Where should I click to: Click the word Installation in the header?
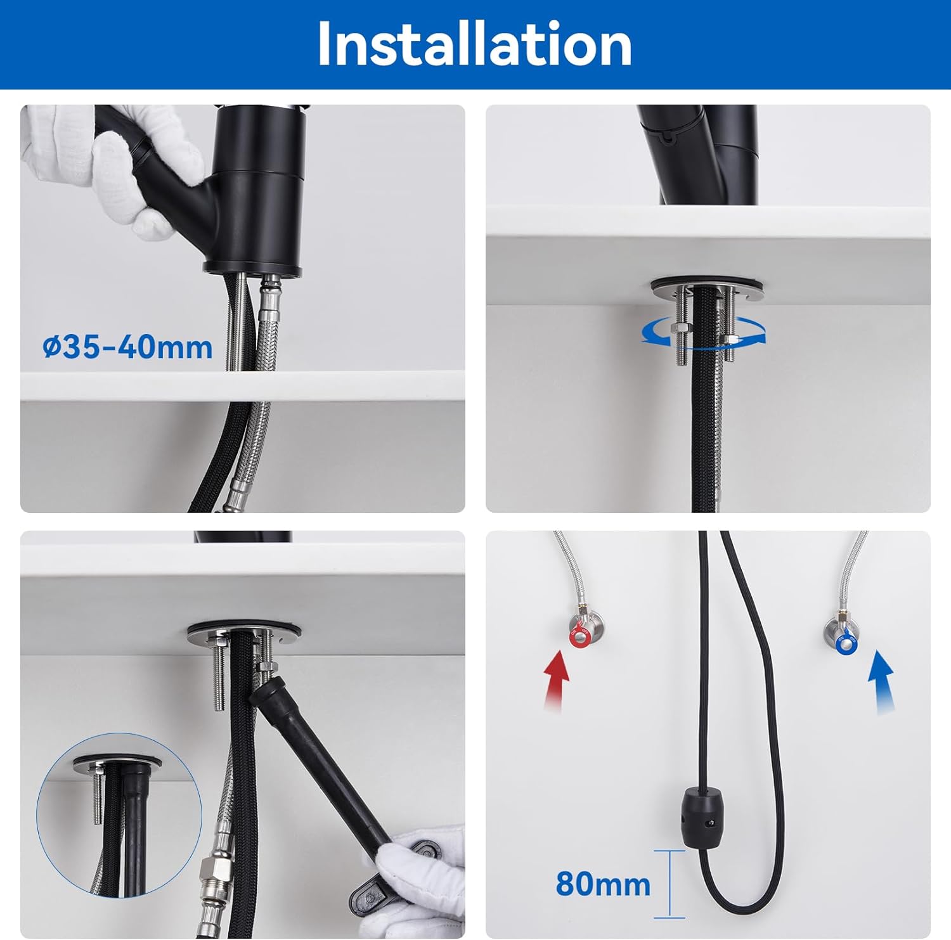click(x=474, y=44)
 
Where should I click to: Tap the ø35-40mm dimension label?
click(x=127, y=347)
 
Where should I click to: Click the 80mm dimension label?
click(x=603, y=884)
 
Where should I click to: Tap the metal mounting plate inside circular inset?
click(x=117, y=761)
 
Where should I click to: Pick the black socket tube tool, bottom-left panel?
click(x=317, y=761)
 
